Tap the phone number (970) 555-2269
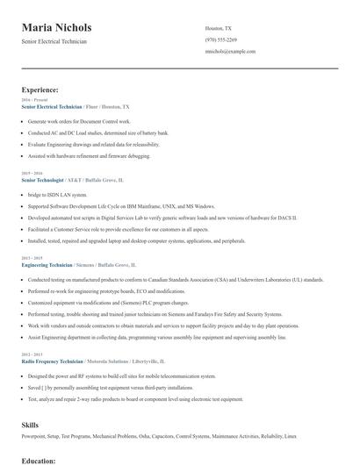[220, 39]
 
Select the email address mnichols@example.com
[229, 52]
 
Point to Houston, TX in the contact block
[219, 28]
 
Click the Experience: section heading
[40, 89]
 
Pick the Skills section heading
[30, 425]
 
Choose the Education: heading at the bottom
[39, 459]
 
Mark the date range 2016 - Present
[33, 100]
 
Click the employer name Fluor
[95, 105]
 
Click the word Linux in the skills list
[291, 436]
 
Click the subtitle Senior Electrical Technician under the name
[54, 41]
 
